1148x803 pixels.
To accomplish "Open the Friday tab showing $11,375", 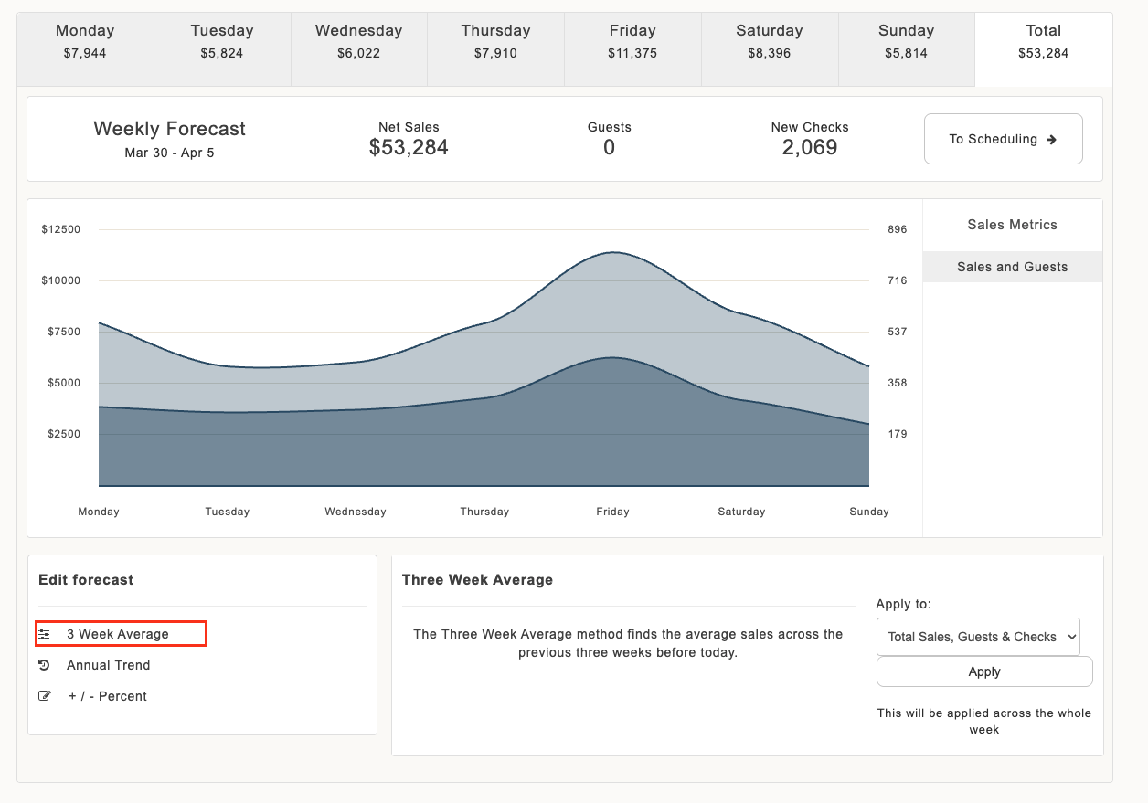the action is tap(632, 49).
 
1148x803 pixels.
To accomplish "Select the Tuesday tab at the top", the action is tap(222, 49).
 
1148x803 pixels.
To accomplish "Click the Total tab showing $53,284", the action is tap(1044, 49).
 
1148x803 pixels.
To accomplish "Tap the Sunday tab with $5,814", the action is tap(906, 49).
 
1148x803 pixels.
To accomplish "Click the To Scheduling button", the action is tap(1003, 139).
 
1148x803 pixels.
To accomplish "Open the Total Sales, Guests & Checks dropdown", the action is tap(978, 637).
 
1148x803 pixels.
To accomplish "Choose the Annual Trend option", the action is tap(108, 665).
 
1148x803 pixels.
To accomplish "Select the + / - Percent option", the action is tap(107, 696).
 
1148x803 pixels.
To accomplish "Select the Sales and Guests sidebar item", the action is tap(1012, 267).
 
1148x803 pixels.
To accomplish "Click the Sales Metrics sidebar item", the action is tap(1012, 225).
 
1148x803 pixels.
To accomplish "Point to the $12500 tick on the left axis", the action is tap(61, 229).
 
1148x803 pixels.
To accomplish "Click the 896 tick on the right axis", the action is tap(898, 229).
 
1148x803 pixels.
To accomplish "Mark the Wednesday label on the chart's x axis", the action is tap(356, 512).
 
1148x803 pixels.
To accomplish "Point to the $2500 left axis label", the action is tap(64, 434).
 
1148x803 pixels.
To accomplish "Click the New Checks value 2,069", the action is tap(810, 147).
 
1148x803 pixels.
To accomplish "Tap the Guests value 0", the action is tap(609, 147).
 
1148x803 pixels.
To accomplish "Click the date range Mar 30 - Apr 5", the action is tap(169, 153).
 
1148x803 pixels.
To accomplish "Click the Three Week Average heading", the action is tap(477, 580).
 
